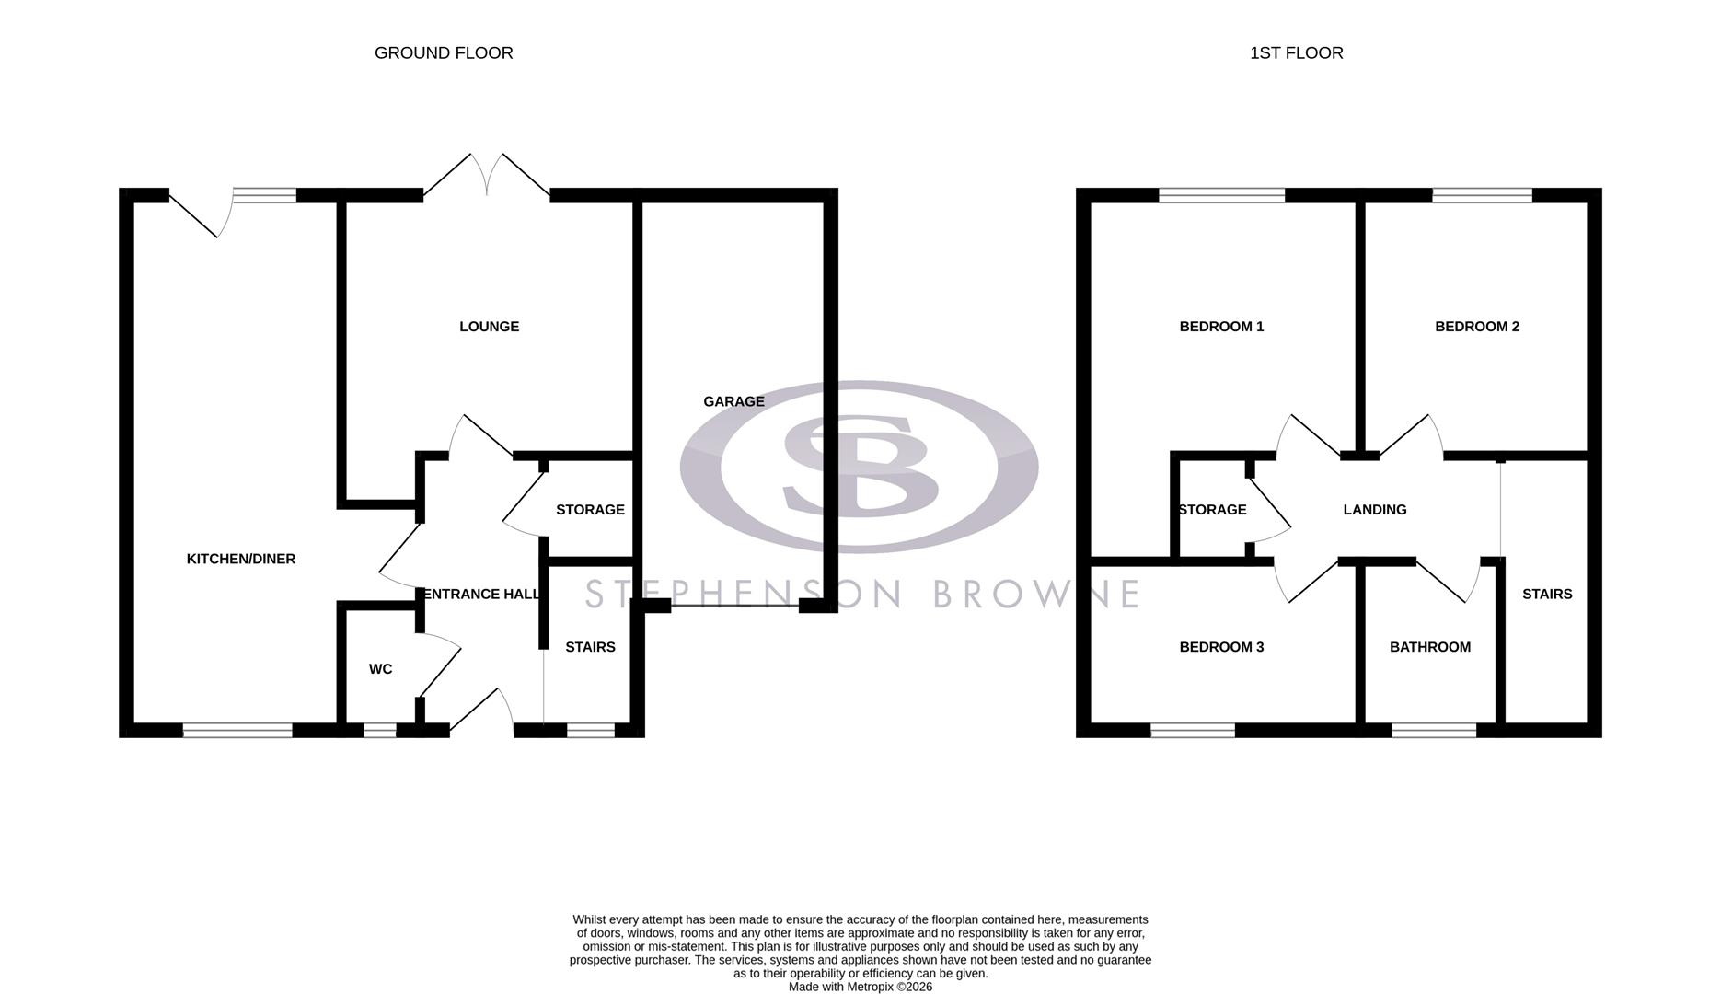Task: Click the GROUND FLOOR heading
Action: click(x=444, y=53)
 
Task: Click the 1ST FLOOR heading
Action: click(x=1296, y=53)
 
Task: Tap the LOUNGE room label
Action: click(x=489, y=327)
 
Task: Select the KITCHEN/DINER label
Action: click(x=240, y=559)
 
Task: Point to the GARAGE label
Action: click(x=733, y=401)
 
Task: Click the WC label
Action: click(x=380, y=669)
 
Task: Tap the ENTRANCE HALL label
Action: click(x=480, y=595)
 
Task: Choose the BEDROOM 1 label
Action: click(x=1221, y=327)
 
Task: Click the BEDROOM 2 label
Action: click(x=1476, y=327)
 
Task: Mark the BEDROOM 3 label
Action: click(x=1221, y=647)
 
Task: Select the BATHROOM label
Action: click(x=1429, y=647)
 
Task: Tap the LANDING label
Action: click(x=1374, y=510)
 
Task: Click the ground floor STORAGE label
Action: click(x=590, y=510)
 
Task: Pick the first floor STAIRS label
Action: click(x=1546, y=595)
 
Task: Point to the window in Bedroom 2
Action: click(x=1482, y=195)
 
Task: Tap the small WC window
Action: click(x=379, y=731)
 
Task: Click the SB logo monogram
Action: click(x=860, y=466)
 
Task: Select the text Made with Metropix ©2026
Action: click(x=860, y=987)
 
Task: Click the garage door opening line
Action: click(x=734, y=606)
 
